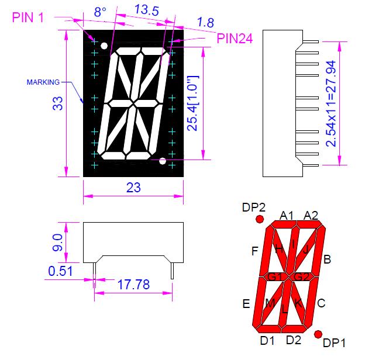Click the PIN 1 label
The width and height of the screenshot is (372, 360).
[x=28, y=18]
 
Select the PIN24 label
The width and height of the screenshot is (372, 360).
[x=235, y=39]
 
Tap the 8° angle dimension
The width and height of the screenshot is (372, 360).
[x=100, y=12]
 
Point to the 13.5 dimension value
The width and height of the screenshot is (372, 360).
[x=147, y=11]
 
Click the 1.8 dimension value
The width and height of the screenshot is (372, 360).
[x=206, y=23]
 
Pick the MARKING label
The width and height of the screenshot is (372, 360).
[x=43, y=82]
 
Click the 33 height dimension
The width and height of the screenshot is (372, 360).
[x=58, y=103]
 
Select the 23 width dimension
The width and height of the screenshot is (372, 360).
[x=133, y=188]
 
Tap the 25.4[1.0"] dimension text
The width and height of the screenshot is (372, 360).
[x=192, y=103]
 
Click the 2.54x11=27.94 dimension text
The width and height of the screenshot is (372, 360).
[x=331, y=103]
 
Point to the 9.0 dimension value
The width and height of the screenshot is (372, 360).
[x=57, y=243]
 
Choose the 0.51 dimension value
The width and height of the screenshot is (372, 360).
[x=60, y=271]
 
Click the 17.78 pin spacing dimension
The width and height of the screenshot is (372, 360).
[x=133, y=285]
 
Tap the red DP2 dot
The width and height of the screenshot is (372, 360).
[x=260, y=219]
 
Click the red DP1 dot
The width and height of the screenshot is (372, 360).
[x=318, y=334]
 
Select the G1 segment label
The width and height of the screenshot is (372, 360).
[x=275, y=276]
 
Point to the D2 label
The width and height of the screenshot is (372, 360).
[x=294, y=340]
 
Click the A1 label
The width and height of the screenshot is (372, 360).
[x=287, y=216]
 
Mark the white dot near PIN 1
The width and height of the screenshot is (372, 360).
[x=104, y=46]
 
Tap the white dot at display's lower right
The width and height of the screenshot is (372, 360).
[x=163, y=161]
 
